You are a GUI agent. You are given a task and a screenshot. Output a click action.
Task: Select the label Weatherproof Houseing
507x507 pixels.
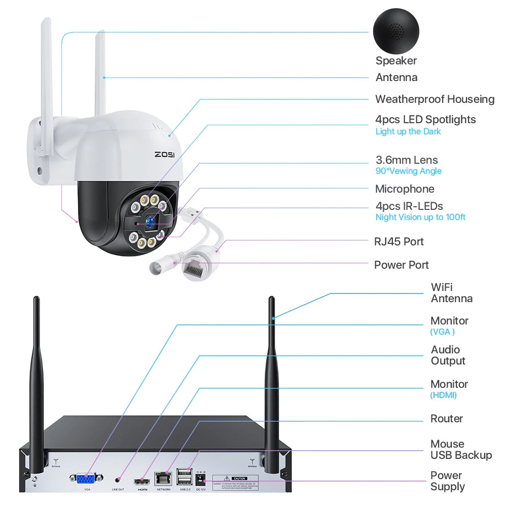coord(434,99)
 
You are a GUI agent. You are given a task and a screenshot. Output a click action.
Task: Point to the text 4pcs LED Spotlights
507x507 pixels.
coord(425,120)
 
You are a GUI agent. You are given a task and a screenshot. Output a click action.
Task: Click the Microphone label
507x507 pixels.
coord(405,189)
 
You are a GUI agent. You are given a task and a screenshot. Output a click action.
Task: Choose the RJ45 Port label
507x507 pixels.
coord(399,241)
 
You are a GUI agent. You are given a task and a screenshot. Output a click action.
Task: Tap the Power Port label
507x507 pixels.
coord(401,265)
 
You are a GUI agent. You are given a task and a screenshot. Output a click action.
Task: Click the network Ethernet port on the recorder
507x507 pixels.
coord(163,478)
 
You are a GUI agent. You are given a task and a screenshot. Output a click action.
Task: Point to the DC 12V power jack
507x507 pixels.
coord(201,479)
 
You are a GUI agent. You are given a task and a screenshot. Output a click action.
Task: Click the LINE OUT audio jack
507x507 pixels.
coord(118,479)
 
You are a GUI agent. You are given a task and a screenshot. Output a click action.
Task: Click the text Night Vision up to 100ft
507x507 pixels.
coord(420,218)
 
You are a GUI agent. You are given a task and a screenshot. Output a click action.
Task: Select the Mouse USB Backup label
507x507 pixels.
coord(461,450)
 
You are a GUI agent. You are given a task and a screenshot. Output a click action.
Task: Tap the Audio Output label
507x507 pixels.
coord(448,355)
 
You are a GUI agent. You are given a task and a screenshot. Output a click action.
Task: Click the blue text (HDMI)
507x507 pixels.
coord(443,395)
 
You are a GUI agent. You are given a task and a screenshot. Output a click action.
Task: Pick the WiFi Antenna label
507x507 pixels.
coord(451,293)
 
